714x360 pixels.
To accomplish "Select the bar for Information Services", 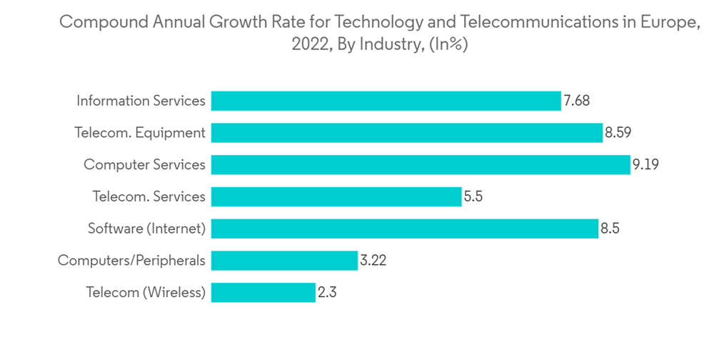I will (x=386, y=101).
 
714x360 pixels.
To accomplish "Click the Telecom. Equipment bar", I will (x=407, y=133).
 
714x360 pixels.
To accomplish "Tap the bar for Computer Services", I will (x=421, y=165).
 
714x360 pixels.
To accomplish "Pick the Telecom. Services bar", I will (x=336, y=196).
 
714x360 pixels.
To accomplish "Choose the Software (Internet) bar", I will (x=404, y=229).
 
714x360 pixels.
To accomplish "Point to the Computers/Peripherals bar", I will (x=284, y=261).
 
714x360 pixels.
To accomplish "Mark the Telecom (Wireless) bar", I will (x=263, y=292).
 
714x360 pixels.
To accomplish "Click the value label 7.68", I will (x=576, y=101).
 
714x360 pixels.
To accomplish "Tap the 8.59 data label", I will (x=618, y=133).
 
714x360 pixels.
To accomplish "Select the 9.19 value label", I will (x=645, y=165).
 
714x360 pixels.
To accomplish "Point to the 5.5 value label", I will (x=473, y=196).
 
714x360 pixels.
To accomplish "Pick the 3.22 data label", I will (x=373, y=261).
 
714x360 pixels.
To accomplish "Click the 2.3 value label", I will (x=327, y=292).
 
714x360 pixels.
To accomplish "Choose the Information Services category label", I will (x=141, y=101).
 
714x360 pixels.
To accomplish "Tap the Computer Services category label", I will (x=144, y=165).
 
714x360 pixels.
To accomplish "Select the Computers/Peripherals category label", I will (x=131, y=261).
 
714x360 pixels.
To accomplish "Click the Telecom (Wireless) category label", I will (x=146, y=292).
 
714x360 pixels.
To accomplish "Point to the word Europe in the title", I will (x=669, y=22).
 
